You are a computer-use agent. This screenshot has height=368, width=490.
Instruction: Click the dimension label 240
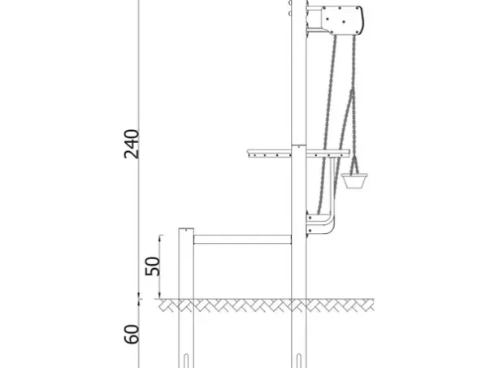point(132,144)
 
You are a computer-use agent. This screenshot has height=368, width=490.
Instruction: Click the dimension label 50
point(153,266)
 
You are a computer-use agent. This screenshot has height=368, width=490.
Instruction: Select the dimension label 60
point(132,334)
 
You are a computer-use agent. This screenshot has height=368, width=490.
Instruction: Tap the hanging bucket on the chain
point(354,181)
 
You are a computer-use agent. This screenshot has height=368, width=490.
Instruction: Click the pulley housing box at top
point(342,20)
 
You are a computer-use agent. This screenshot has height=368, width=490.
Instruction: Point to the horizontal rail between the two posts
point(242,240)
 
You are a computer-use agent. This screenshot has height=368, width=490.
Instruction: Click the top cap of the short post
point(186,230)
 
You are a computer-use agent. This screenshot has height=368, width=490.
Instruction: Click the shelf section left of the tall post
point(269,154)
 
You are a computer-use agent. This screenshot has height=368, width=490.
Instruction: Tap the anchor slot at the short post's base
point(186,361)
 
